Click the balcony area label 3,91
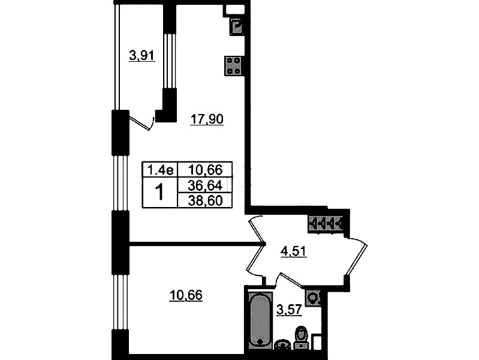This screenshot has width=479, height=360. coord(142,56)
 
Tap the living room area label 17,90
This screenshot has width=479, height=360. coord(207,119)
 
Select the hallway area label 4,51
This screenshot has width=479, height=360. coord(293,251)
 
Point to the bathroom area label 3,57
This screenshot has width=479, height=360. coord(289,310)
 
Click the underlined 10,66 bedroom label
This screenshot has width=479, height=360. coord(186,295)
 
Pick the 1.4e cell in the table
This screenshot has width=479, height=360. coord(160,169)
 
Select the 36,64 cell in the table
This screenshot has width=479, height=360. coord(205,185)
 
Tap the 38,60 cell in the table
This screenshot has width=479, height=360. coord(205,200)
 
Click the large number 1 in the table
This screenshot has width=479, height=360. coord(159,192)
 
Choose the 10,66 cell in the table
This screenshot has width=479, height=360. coord(205,169)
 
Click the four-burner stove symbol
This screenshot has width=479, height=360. coord(234,66)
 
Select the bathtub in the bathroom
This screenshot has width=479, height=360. coord(260,320)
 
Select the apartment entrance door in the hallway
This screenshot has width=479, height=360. coord(356,257)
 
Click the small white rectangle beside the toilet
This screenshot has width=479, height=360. coord(317,342)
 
